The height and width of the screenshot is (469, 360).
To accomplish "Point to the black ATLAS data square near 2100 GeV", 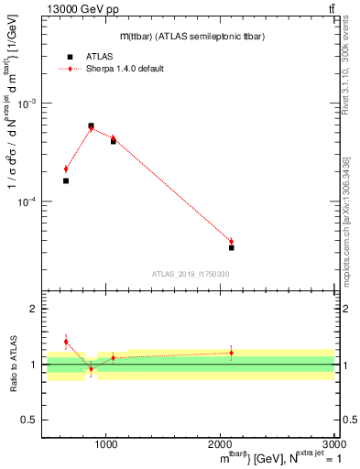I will [232, 247].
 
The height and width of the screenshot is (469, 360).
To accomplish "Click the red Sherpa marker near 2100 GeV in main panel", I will [232, 242].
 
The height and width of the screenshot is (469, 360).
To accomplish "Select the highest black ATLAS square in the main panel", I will [91, 125].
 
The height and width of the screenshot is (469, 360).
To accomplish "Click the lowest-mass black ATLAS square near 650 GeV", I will [66, 180].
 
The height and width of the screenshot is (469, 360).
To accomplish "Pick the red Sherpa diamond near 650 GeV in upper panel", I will [66, 169].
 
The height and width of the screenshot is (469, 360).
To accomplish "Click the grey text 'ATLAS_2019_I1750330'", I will [191, 274].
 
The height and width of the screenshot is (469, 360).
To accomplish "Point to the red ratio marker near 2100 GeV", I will [232, 353].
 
